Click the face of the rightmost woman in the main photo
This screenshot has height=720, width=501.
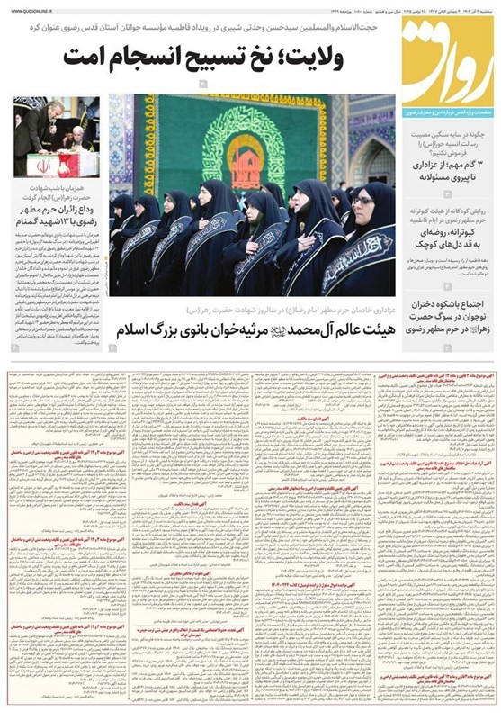(362, 201)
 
